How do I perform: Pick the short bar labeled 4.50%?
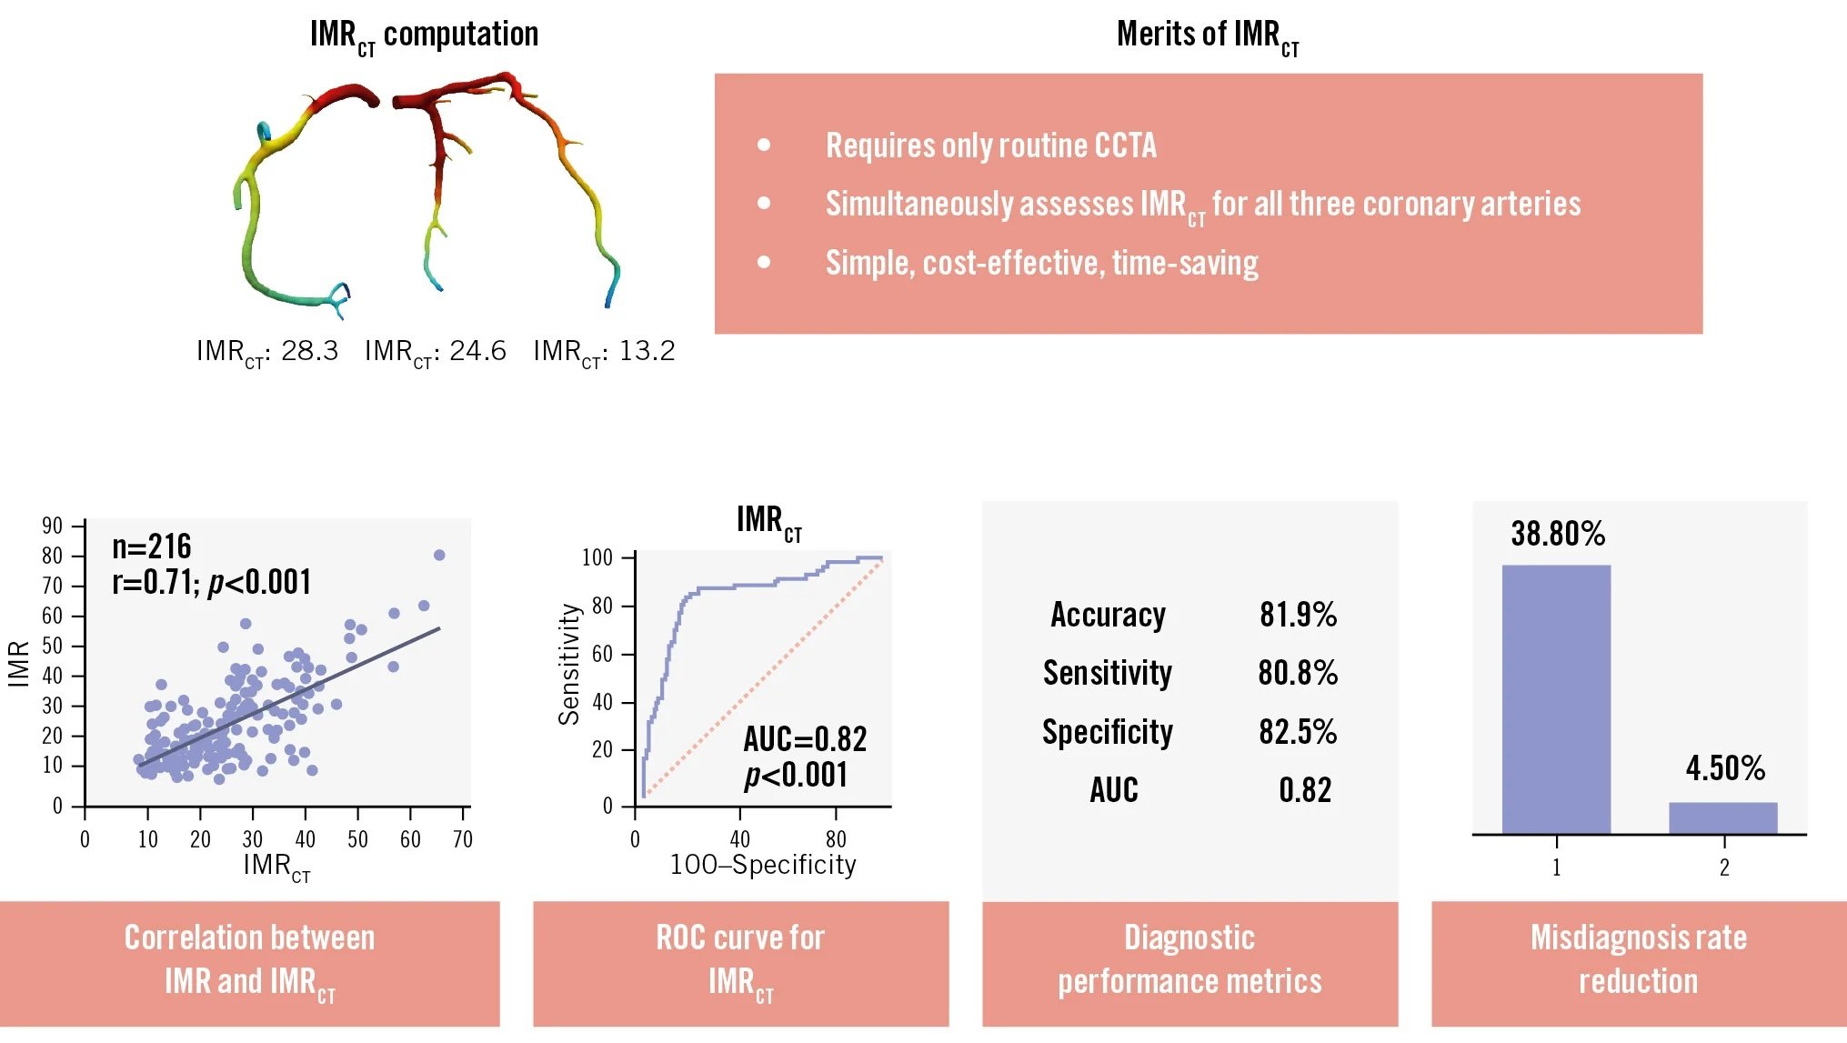1722,817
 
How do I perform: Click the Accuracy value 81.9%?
1298,616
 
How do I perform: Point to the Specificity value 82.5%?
1298,732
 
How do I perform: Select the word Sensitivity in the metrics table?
1107,674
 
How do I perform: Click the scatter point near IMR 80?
439,555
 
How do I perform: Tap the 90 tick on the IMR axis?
53,526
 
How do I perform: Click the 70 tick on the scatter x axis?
463,839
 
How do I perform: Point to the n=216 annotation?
151,547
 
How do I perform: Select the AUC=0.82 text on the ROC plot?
805,739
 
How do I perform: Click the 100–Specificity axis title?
763,865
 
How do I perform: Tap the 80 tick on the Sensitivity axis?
602,606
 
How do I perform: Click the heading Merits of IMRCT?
1207,35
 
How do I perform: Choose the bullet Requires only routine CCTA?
990,145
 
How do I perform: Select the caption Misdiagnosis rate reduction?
1638,959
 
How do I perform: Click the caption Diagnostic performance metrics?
1189,959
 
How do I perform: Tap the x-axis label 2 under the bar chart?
1723,867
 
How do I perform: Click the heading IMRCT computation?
424,35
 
